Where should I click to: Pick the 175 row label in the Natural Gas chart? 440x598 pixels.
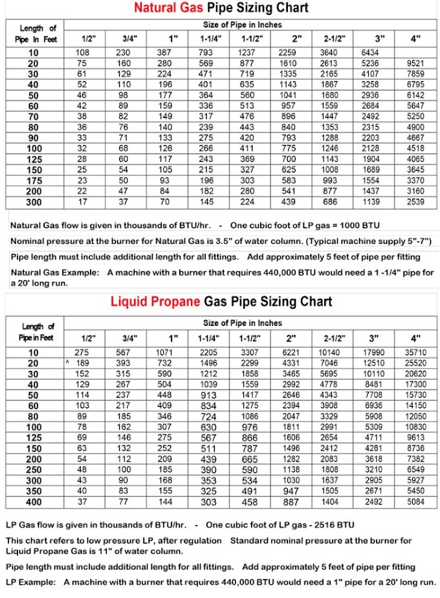coord(33,181)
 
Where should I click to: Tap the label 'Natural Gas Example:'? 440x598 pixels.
coord(48,273)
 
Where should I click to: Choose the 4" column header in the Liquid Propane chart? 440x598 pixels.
coord(415,338)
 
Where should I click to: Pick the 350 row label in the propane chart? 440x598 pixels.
coord(33,492)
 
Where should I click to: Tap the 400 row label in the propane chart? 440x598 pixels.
coord(33,502)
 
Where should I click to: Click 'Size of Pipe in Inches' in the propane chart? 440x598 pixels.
coord(243,323)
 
